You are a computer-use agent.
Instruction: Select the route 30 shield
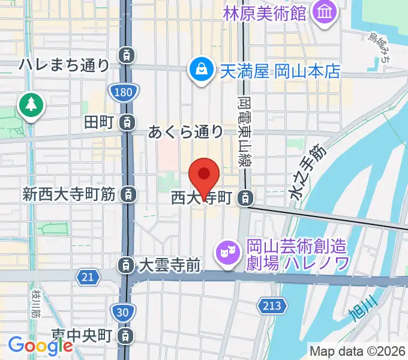click(122, 311)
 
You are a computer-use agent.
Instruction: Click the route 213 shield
click(271, 306)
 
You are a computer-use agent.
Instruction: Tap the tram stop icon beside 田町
click(127, 122)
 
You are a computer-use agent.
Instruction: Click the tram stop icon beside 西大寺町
click(246, 197)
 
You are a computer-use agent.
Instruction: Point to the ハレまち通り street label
click(64, 64)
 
